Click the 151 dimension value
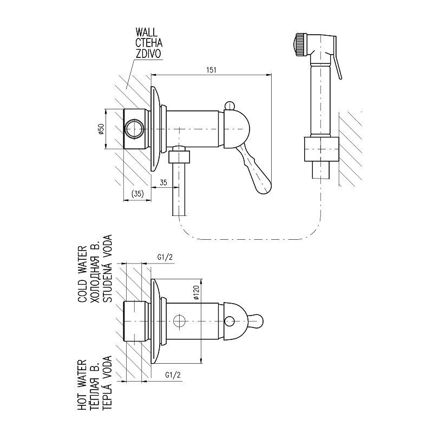(211, 70)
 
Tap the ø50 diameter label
(101, 129)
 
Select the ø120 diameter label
(196, 293)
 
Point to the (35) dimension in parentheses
(137, 194)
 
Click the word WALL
(146, 32)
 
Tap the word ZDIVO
(148, 54)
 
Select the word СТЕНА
(149, 43)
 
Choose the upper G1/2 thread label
(165, 258)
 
